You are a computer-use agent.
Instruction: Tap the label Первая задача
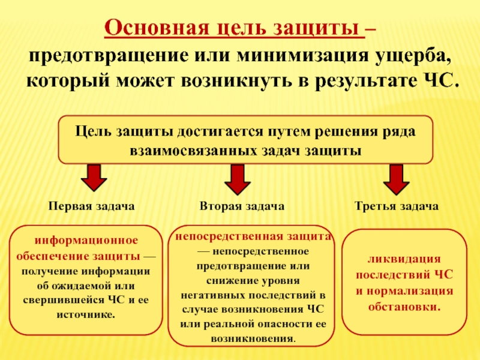(x=91, y=206)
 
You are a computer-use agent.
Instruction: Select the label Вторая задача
(x=242, y=206)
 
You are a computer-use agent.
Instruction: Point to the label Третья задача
(x=396, y=206)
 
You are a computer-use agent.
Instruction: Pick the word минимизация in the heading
(x=290, y=56)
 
